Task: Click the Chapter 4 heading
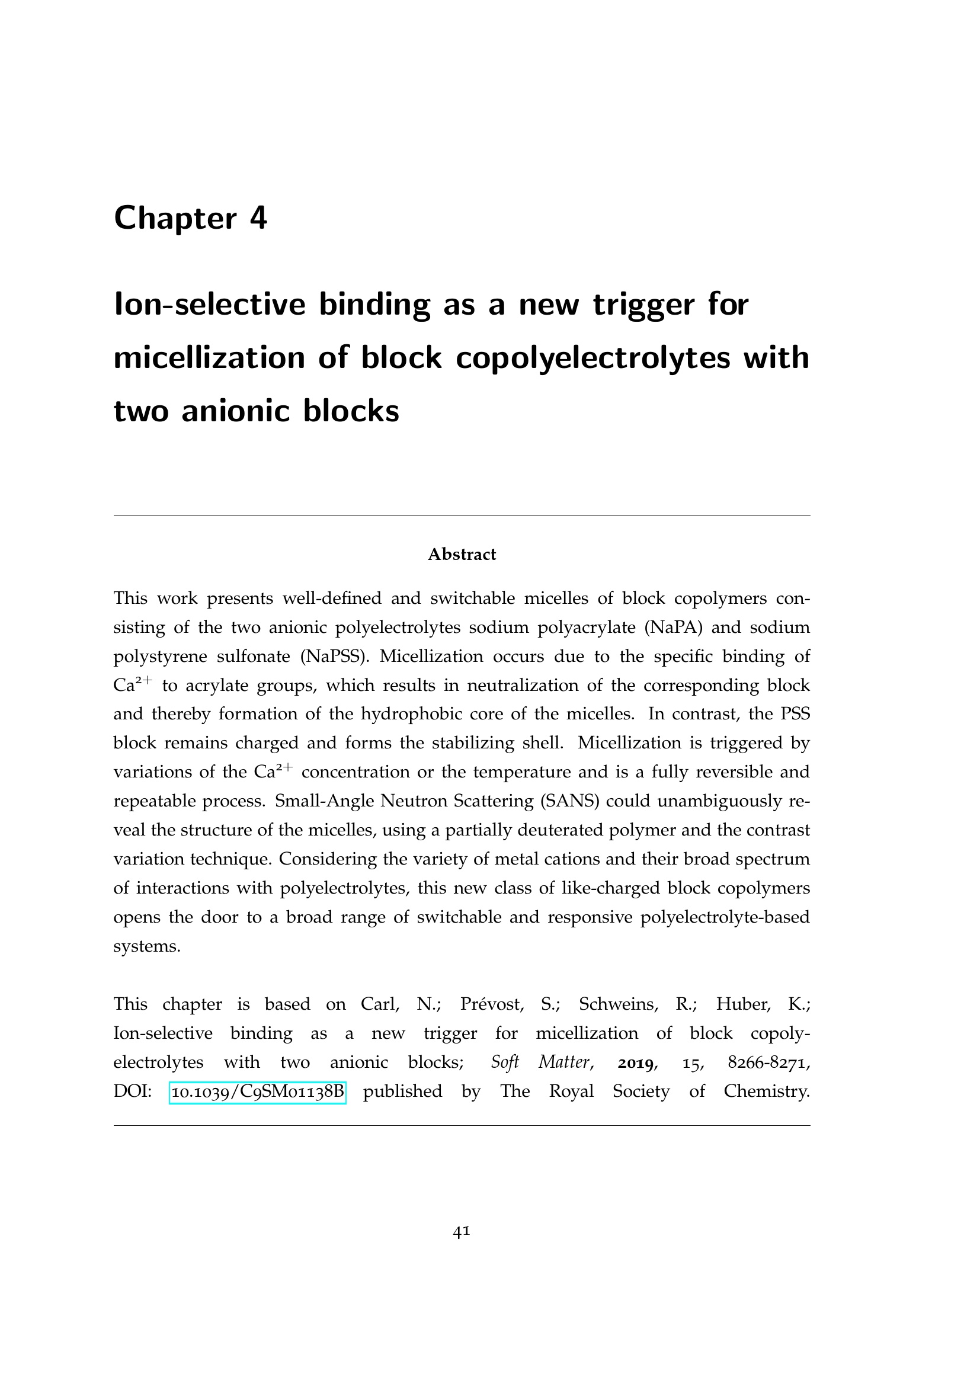pos(190,218)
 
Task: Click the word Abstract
pos(462,554)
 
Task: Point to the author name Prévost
pos(491,1004)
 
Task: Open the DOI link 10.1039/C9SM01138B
pos(258,1091)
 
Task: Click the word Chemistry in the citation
pos(766,1091)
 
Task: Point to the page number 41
pos(462,1231)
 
